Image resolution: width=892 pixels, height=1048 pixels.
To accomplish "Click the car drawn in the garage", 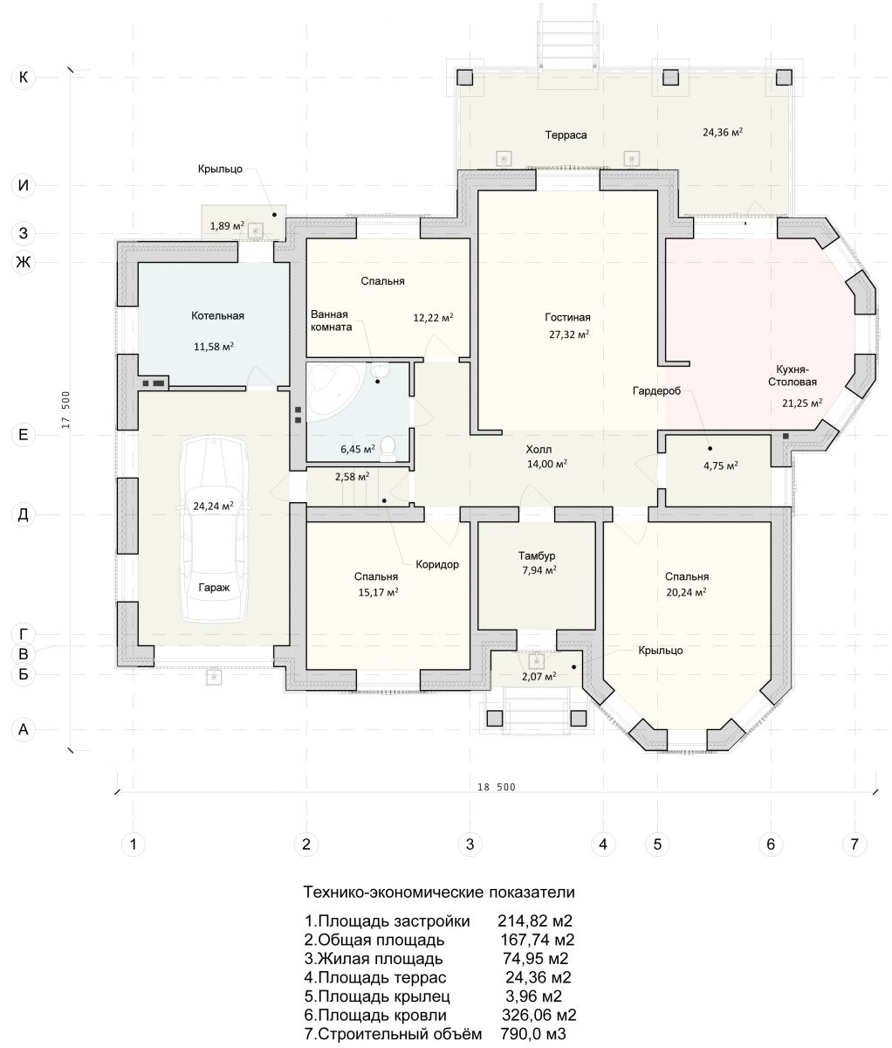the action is [x=214, y=529].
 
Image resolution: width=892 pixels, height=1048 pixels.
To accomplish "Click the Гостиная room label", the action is [x=567, y=317].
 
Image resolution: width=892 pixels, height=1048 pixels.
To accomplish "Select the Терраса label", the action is [x=566, y=134].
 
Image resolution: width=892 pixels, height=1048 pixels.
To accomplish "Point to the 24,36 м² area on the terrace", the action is [x=723, y=133].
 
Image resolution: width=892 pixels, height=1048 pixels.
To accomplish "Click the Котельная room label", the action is [x=217, y=316].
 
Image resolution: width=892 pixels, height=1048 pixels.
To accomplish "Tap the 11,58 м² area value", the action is [x=213, y=347].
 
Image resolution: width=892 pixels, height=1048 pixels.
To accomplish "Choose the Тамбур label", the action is [x=537, y=555].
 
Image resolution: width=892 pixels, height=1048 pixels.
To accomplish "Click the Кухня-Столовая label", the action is [x=793, y=376].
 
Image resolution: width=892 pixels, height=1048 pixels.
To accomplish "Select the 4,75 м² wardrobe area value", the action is [x=720, y=465].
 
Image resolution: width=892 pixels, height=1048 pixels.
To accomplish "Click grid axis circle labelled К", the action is [x=24, y=77].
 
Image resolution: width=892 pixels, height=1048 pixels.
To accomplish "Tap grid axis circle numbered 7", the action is [x=854, y=845].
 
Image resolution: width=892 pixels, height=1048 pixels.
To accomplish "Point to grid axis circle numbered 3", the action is [x=470, y=845].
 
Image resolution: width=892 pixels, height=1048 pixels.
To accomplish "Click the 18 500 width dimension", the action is [x=496, y=788].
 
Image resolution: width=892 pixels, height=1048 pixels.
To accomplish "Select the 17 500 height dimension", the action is [x=65, y=410].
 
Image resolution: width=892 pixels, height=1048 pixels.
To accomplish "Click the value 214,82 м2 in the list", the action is [x=535, y=921].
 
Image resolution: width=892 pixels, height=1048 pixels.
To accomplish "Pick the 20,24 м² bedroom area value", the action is [x=686, y=592].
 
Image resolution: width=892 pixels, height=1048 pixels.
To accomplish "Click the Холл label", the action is [x=539, y=449].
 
